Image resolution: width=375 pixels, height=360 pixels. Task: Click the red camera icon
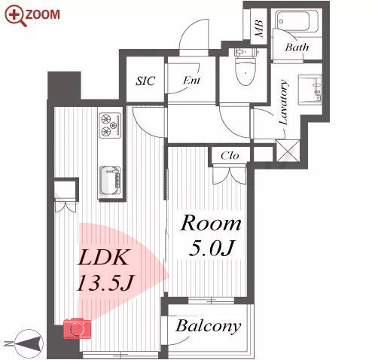click(77, 328)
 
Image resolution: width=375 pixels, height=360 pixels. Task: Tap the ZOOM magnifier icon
click(16, 16)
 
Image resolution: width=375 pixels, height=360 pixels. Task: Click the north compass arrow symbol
click(29, 343)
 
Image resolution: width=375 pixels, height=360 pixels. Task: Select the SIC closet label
click(145, 81)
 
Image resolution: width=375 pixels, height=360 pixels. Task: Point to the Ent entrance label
click(191, 81)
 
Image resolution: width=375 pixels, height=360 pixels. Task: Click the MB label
click(259, 28)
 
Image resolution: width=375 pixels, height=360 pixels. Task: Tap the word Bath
click(297, 47)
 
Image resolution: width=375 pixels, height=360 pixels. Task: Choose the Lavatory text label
click(283, 102)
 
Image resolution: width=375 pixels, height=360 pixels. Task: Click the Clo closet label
click(230, 156)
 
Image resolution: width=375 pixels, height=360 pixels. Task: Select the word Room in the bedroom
click(211, 223)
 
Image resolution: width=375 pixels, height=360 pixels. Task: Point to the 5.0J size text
click(212, 248)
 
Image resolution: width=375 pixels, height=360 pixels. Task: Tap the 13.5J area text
click(105, 282)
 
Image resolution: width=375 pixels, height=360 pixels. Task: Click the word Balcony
click(209, 326)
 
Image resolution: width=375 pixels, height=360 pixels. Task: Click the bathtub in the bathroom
click(297, 20)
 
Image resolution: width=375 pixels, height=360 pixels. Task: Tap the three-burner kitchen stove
click(110, 125)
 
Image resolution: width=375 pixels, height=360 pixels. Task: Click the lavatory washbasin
click(309, 90)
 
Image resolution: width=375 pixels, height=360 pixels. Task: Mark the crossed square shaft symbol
click(288, 151)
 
